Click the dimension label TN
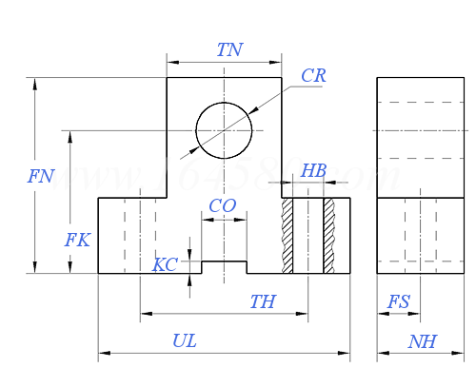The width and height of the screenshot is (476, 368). [229, 50]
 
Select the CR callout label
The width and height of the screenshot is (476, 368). [313, 76]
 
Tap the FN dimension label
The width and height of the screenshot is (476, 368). [41, 176]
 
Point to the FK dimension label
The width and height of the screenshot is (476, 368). [77, 241]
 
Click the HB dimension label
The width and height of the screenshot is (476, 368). [313, 171]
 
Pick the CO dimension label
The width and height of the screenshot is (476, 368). [222, 206]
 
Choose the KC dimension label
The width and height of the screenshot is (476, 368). [165, 264]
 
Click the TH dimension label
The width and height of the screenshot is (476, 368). [263, 302]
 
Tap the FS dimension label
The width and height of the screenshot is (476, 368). [399, 302]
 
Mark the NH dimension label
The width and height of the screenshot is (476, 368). [422, 341]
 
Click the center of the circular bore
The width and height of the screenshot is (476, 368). [224, 130]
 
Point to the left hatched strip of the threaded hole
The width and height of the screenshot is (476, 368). [287, 236]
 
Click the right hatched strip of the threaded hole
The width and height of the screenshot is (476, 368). [329, 236]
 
